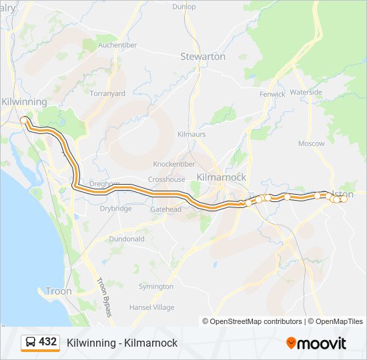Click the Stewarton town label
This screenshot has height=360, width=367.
(x=203, y=57)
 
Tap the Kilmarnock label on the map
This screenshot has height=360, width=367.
(x=222, y=177)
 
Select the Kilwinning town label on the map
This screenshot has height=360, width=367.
(x=24, y=101)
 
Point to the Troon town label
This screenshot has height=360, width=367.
(x=58, y=291)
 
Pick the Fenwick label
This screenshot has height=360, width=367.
(x=272, y=95)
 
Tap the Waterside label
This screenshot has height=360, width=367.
(x=306, y=92)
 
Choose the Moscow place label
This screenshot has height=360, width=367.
(x=311, y=143)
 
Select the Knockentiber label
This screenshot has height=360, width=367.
(x=174, y=164)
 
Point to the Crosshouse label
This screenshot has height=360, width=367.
(x=166, y=179)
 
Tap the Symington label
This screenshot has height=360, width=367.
(x=155, y=287)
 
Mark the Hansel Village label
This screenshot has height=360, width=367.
(x=151, y=307)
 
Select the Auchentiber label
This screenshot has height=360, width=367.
(x=117, y=45)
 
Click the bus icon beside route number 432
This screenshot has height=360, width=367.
(x=31, y=342)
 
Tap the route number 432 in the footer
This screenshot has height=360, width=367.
(x=48, y=342)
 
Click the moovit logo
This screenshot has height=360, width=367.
(x=316, y=343)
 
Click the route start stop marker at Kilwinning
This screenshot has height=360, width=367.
(x=24, y=120)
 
